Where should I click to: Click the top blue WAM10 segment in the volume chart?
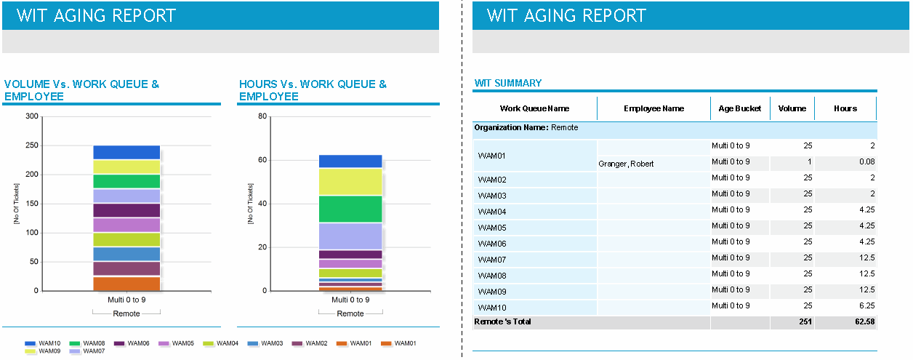[126, 152]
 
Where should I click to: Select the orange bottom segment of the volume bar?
[126, 284]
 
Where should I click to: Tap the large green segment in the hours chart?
[350, 209]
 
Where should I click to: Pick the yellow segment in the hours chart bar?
[350, 182]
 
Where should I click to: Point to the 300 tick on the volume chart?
[31, 116]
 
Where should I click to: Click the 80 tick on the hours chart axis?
[263, 116]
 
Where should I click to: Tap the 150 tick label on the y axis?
[31, 204]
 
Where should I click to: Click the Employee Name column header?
[653, 108]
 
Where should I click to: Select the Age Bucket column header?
[739, 108]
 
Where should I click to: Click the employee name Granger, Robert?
[626, 164]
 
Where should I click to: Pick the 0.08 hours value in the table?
[866, 161]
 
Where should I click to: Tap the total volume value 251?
[802, 321]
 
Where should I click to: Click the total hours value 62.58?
[862, 321]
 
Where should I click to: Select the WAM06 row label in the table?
[492, 244]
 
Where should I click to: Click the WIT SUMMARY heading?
[508, 84]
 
